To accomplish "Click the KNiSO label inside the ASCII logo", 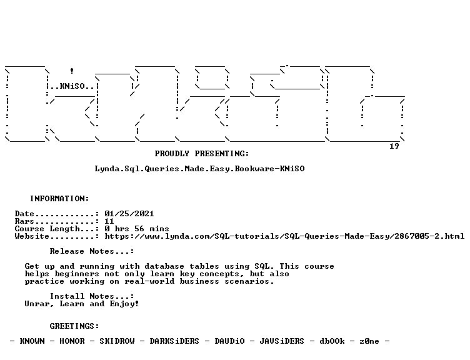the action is [x=72, y=86].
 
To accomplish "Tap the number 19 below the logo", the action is [x=394, y=146].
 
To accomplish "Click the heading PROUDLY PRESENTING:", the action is [x=202, y=154].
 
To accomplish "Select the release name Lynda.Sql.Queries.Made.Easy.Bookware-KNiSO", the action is [x=199, y=169].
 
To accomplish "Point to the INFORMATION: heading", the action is [x=59, y=199].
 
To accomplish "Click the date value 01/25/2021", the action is [x=129, y=214].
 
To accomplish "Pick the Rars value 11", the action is [x=109, y=221].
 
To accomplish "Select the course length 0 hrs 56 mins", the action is [x=137, y=229].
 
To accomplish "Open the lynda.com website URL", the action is [x=284, y=236].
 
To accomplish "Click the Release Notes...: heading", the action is [x=92, y=251].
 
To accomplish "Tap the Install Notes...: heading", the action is [x=92, y=296].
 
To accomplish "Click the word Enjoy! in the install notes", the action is [x=124, y=304].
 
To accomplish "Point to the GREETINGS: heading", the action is [x=74, y=326].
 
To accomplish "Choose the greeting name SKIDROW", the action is [x=117, y=341].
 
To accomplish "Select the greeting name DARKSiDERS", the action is [x=174, y=341].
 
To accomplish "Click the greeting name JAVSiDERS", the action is [x=282, y=341].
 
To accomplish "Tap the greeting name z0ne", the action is [x=369, y=341].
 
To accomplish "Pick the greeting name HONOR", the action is [x=72, y=341].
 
